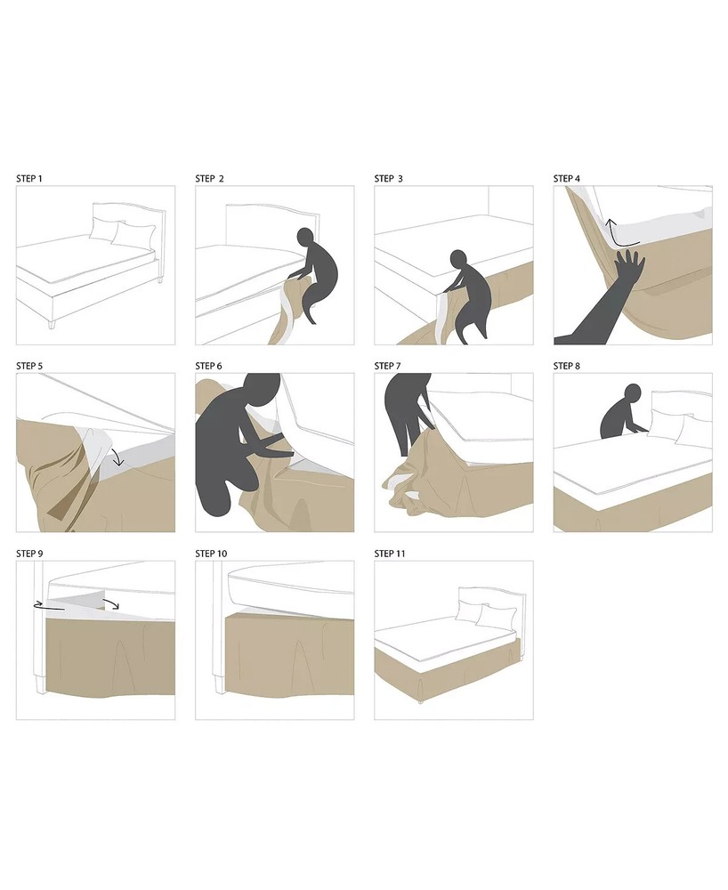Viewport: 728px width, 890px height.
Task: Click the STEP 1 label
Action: pos(29,179)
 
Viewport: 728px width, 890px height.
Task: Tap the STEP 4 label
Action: pos(567,179)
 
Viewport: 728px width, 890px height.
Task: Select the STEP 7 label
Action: pos(387,366)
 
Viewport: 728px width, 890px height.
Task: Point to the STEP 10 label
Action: pos(211,554)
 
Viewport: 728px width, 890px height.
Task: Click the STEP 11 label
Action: pos(390,554)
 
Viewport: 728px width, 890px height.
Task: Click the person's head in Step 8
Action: pos(632,393)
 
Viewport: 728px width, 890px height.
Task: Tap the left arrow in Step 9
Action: pos(48,605)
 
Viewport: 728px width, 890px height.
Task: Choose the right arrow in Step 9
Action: pos(110,603)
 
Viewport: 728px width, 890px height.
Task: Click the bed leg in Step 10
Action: pos(219,684)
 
